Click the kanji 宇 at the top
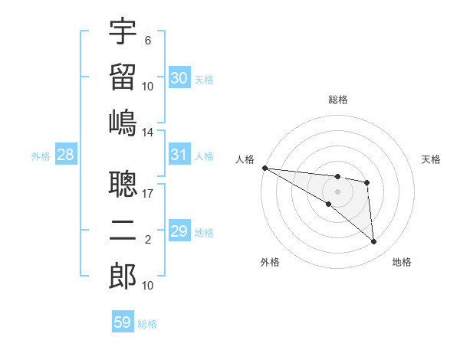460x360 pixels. coord(123,31)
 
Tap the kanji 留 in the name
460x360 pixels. coord(123,77)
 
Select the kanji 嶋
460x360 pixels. coord(123,122)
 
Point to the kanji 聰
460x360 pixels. coord(123,185)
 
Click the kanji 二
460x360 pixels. coord(123,231)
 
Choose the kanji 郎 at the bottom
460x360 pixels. coord(123,276)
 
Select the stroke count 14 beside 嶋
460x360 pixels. coord(147,133)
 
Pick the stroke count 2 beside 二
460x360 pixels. coord(147,241)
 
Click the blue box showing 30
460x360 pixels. coord(179,78)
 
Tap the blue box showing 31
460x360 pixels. coord(179,155)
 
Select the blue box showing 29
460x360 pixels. coord(179,231)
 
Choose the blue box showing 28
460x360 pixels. coord(66,155)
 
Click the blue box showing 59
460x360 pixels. coord(123,322)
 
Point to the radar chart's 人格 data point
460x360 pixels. coord(264,168)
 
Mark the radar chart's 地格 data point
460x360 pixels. coord(374,242)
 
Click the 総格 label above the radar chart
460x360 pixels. coord(338,100)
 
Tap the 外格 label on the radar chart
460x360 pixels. coord(270,263)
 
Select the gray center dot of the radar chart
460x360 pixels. coord(337,191)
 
